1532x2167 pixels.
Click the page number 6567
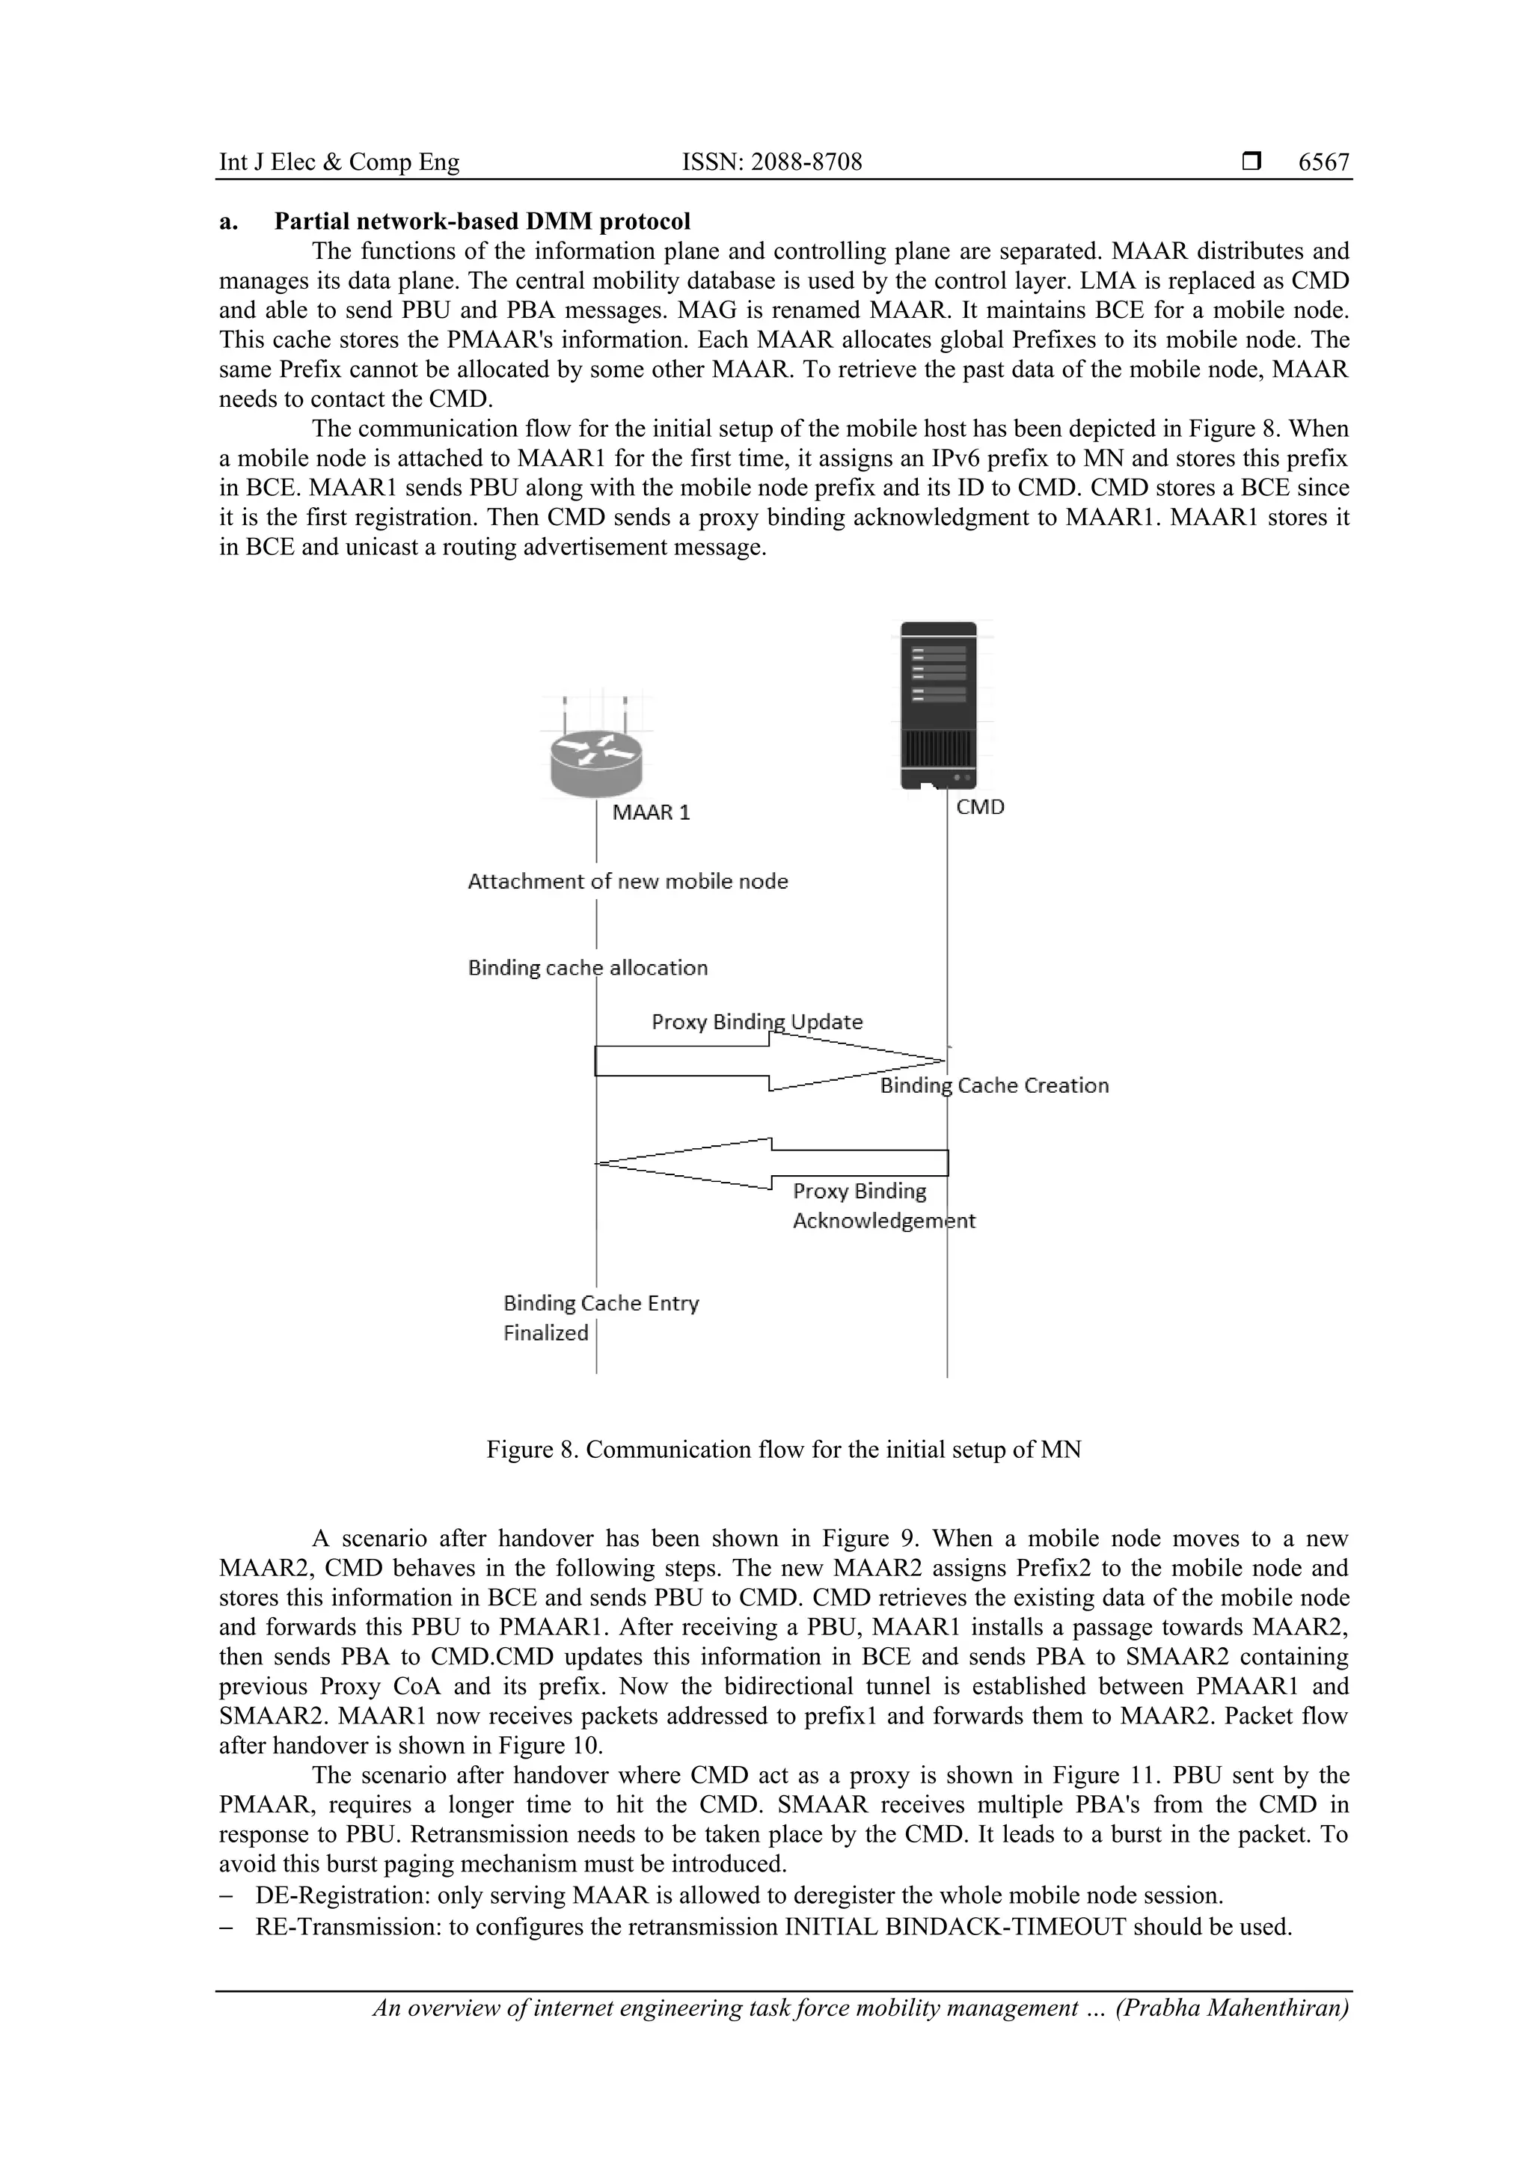[1323, 162]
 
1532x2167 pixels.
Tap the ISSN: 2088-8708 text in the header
[771, 162]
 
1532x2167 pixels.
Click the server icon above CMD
[937, 705]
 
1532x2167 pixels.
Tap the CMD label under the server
[980, 807]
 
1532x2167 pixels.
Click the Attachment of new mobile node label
[628, 881]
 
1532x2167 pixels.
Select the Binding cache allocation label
[587, 969]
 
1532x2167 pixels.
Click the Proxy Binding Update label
[757, 1022]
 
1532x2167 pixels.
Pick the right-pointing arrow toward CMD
[769, 1061]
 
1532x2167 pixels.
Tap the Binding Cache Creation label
[994, 1086]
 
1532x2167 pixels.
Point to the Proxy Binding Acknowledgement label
[883, 1207]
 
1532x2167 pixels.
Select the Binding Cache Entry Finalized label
[601, 1317]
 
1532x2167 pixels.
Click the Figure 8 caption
[783, 1450]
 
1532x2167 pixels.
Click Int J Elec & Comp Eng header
[339, 162]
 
